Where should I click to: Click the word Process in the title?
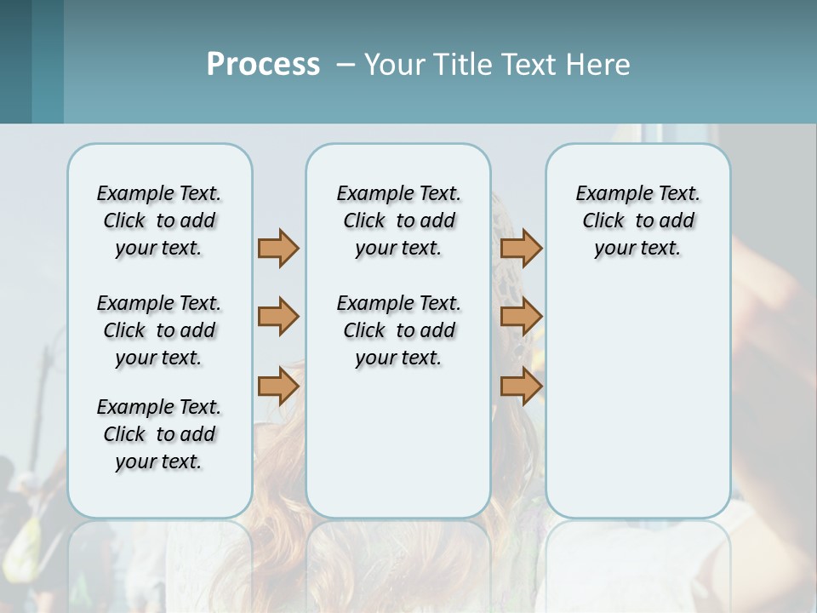[x=263, y=65]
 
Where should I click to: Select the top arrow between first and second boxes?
[x=278, y=248]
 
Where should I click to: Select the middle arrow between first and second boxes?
[x=278, y=317]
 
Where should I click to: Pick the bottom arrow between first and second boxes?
[x=278, y=387]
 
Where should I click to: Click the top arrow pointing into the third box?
[x=521, y=248]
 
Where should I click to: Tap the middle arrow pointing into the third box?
[x=521, y=317]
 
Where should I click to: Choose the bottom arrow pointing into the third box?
[x=521, y=387]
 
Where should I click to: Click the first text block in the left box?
[x=159, y=221]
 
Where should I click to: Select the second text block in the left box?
[x=159, y=330]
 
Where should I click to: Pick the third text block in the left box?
[x=159, y=434]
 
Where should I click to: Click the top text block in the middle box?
[x=398, y=221]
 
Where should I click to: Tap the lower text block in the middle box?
[x=398, y=330]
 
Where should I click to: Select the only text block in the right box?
[x=637, y=221]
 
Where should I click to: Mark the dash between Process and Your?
[x=346, y=65]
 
